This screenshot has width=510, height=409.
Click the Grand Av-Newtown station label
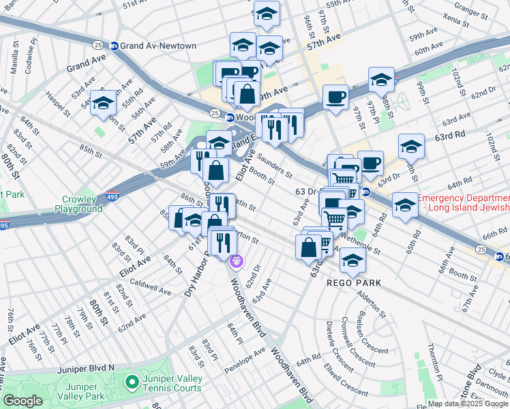159,46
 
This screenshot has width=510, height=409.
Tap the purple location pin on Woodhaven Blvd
237,260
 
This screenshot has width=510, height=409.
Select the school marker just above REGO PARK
352,260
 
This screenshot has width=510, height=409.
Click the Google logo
22,401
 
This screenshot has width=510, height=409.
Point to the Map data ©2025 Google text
468,404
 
